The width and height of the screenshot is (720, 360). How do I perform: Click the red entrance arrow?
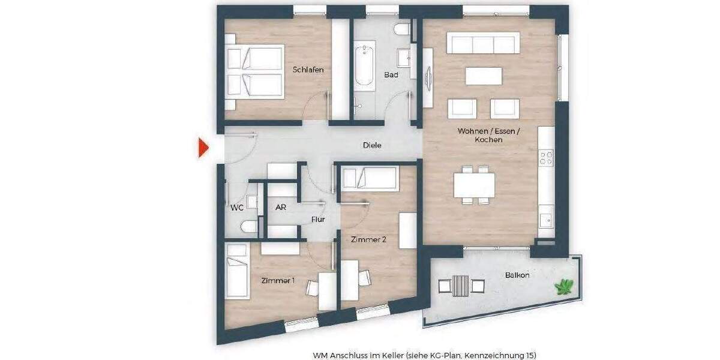203,148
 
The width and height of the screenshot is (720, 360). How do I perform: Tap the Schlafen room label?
308,70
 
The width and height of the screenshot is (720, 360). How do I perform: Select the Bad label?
391,75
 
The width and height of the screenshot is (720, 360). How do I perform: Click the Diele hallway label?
372,145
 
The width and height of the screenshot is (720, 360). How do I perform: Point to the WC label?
237,208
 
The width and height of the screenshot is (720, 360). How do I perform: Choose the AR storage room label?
280,208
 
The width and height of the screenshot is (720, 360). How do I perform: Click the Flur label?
318,220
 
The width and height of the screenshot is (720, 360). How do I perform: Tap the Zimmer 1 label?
277,280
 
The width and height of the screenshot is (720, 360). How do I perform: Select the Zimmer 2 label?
368,239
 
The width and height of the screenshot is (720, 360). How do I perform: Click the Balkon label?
517,275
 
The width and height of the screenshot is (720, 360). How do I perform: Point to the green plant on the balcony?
564,287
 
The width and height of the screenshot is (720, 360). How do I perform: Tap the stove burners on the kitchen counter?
546,158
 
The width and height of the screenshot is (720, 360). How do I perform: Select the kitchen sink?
545,220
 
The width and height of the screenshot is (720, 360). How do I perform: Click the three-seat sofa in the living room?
482,44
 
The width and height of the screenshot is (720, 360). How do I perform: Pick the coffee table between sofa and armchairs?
484,76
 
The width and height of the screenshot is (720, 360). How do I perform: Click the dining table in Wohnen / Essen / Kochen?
474,185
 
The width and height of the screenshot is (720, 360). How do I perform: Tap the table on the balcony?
460,284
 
